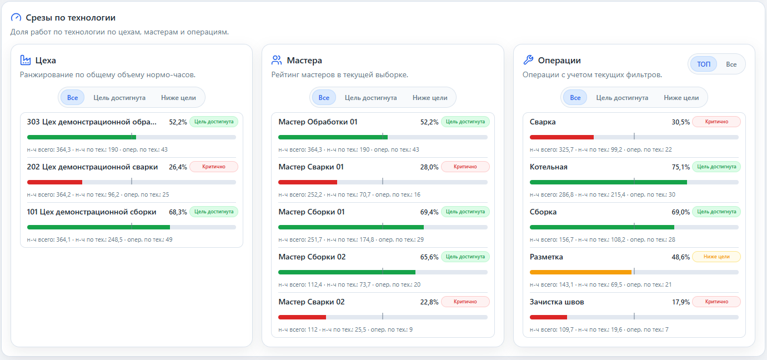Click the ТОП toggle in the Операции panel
click(x=704, y=64)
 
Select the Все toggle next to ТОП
click(x=731, y=64)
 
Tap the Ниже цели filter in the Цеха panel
click(x=178, y=98)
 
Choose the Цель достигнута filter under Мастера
click(x=370, y=98)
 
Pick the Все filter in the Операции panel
click(x=575, y=98)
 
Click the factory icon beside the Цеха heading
click(x=26, y=61)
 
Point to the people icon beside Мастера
click(x=277, y=61)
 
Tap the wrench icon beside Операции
click(x=528, y=60)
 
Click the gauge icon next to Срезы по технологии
click(x=16, y=17)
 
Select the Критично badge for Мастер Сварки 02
click(x=465, y=302)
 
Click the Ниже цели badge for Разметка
click(x=716, y=257)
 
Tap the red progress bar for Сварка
click(x=562, y=137)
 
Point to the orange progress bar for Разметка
click(x=580, y=272)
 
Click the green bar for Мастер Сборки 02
click(x=347, y=272)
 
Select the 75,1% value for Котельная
click(x=680, y=167)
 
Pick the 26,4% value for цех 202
click(x=178, y=167)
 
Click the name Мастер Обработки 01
click(x=318, y=122)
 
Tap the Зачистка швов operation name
click(x=557, y=302)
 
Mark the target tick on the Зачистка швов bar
click(x=634, y=316)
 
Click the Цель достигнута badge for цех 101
click(x=214, y=212)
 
